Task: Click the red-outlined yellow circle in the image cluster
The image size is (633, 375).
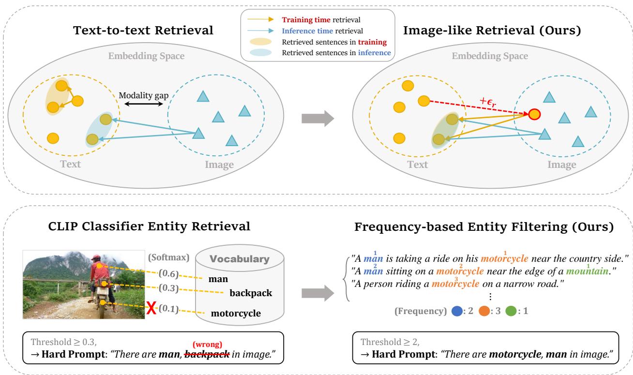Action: tap(534, 114)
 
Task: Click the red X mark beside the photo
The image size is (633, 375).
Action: tap(151, 308)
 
